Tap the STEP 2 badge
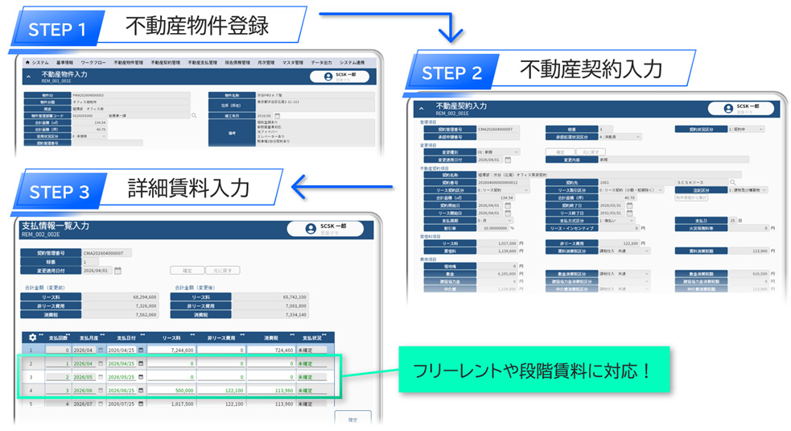pos(451,73)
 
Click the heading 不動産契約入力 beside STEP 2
pos(591,69)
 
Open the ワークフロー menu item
pos(93,62)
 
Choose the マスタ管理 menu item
pos(292,62)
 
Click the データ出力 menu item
pos(322,62)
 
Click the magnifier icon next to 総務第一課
pos(194,115)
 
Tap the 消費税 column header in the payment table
pos(270,338)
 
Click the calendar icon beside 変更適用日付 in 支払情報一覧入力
pos(117,271)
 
